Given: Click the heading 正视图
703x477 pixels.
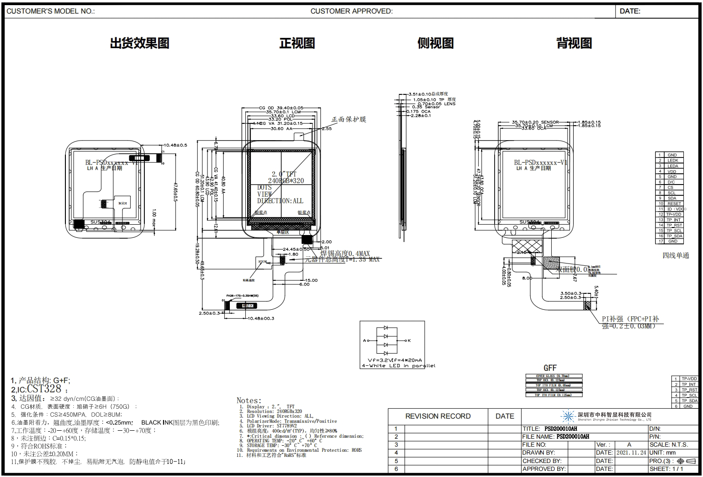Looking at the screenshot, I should click(297, 43).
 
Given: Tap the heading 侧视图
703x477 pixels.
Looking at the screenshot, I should click(435, 43).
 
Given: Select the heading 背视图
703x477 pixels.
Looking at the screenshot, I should click(574, 43).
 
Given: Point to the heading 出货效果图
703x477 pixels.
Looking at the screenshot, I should click(140, 43).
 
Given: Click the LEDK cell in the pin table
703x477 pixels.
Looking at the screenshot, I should click(672, 160).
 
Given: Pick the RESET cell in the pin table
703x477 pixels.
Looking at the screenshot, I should click(674, 204).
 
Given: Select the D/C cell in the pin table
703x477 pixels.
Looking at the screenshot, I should click(671, 182).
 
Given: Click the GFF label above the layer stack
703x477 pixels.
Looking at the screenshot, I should click(550, 368).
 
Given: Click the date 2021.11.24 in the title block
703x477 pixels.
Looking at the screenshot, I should click(631, 453).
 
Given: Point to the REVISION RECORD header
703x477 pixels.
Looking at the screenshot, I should click(438, 416).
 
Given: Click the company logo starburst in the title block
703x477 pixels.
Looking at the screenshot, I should click(568, 416).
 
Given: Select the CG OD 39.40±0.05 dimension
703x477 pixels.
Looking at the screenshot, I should click(281, 108).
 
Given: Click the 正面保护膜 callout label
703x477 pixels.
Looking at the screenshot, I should click(349, 120).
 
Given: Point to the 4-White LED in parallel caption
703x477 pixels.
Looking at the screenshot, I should click(398, 366).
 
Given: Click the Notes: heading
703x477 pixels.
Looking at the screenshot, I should click(249, 400).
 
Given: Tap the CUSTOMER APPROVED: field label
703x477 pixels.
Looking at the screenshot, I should click(351, 11).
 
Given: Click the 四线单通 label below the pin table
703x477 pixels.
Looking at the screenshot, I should click(675, 256).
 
